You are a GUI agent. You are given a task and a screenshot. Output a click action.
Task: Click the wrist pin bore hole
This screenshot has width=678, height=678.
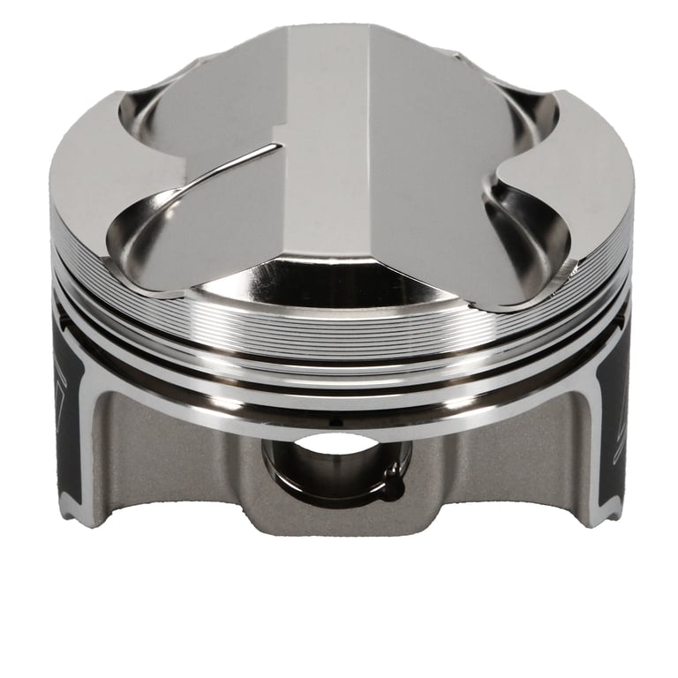(334, 463)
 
